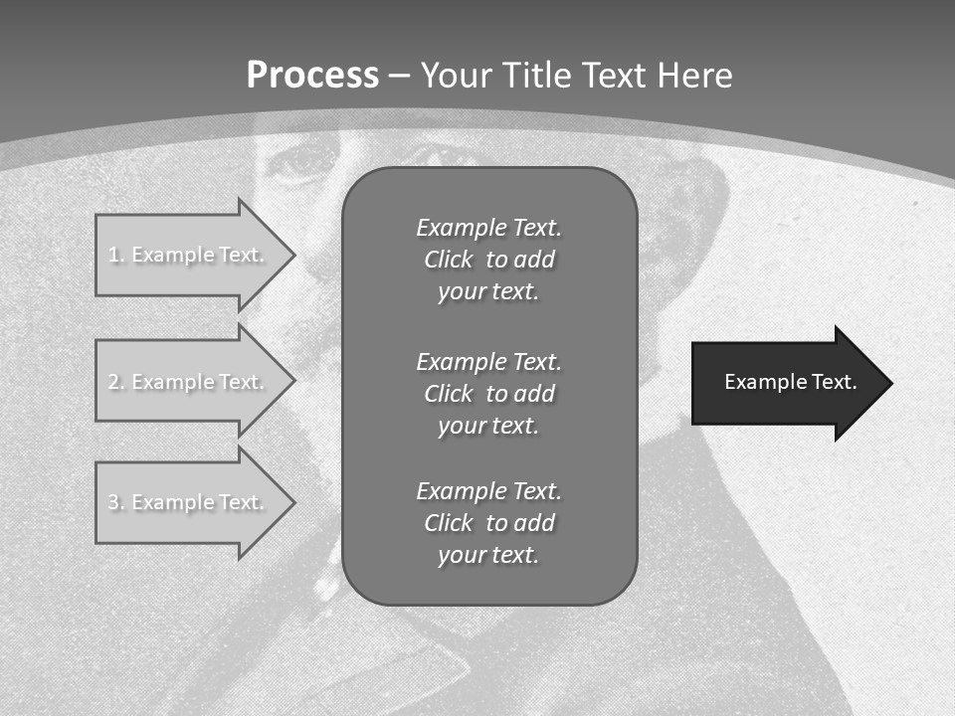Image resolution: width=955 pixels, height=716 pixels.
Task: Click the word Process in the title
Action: pyautogui.click(x=312, y=76)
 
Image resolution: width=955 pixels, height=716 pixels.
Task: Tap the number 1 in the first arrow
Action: pyautogui.click(x=113, y=255)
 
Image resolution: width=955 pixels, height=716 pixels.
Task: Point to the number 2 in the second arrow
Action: pyautogui.click(x=113, y=382)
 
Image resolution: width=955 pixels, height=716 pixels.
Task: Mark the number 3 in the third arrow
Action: pyautogui.click(x=113, y=502)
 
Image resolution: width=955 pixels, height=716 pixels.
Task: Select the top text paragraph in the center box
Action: pyautogui.click(x=488, y=260)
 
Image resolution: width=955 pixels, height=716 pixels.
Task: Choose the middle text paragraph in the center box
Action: pyautogui.click(x=488, y=394)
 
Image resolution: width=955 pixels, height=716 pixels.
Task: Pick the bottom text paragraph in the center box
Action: pyautogui.click(x=488, y=523)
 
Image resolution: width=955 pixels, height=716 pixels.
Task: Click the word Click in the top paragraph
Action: pyautogui.click(x=448, y=260)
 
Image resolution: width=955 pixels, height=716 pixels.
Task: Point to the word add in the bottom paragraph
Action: pyautogui.click(x=534, y=523)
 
